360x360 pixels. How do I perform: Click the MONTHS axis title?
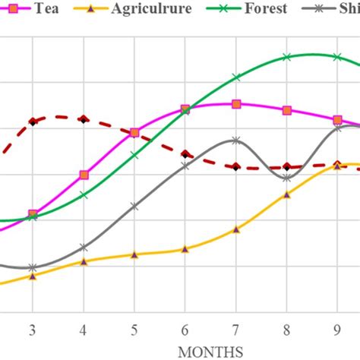[x=210, y=351]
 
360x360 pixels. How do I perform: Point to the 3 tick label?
[x=32, y=330]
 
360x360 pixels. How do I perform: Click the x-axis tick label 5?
[x=134, y=330]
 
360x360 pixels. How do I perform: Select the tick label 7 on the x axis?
[x=236, y=330]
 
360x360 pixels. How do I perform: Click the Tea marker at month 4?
[x=84, y=175]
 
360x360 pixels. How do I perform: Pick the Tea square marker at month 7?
[x=236, y=104]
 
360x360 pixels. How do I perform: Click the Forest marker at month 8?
[x=287, y=57]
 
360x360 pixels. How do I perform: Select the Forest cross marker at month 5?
[x=134, y=156]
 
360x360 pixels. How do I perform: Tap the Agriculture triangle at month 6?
[x=185, y=249]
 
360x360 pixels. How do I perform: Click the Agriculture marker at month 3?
[x=32, y=276]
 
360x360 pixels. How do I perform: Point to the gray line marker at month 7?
[x=236, y=141]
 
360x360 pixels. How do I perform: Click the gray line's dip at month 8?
[x=287, y=178]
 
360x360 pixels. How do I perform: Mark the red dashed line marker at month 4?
[x=84, y=119]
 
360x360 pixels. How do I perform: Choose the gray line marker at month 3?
[x=32, y=267]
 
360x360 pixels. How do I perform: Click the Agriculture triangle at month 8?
[x=287, y=195]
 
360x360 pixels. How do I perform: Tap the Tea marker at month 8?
[x=287, y=110]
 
